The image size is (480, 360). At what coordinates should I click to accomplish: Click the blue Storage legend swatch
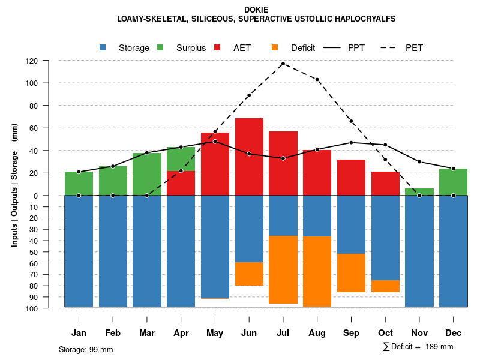click(103, 48)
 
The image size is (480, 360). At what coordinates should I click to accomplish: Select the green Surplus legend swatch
click(161, 48)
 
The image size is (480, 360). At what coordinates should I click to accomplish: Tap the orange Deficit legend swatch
click(275, 48)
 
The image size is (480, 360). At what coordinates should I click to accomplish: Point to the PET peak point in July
click(283, 63)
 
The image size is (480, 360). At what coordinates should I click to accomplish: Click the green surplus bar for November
click(419, 192)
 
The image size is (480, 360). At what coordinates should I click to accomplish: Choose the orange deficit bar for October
click(386, 286)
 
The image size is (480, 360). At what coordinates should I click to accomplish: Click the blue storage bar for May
click(215, 247)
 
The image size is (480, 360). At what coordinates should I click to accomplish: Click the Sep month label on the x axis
click(352, 333)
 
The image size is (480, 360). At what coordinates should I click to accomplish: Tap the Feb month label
click(113, 333)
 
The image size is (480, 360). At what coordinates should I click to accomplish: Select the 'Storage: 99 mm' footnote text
click(86, 349)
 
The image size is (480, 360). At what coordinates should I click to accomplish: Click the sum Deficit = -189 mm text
click(418, 347)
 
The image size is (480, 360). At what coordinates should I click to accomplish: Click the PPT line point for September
click(352, 142)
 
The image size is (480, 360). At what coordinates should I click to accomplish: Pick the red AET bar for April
click(181, 183)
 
